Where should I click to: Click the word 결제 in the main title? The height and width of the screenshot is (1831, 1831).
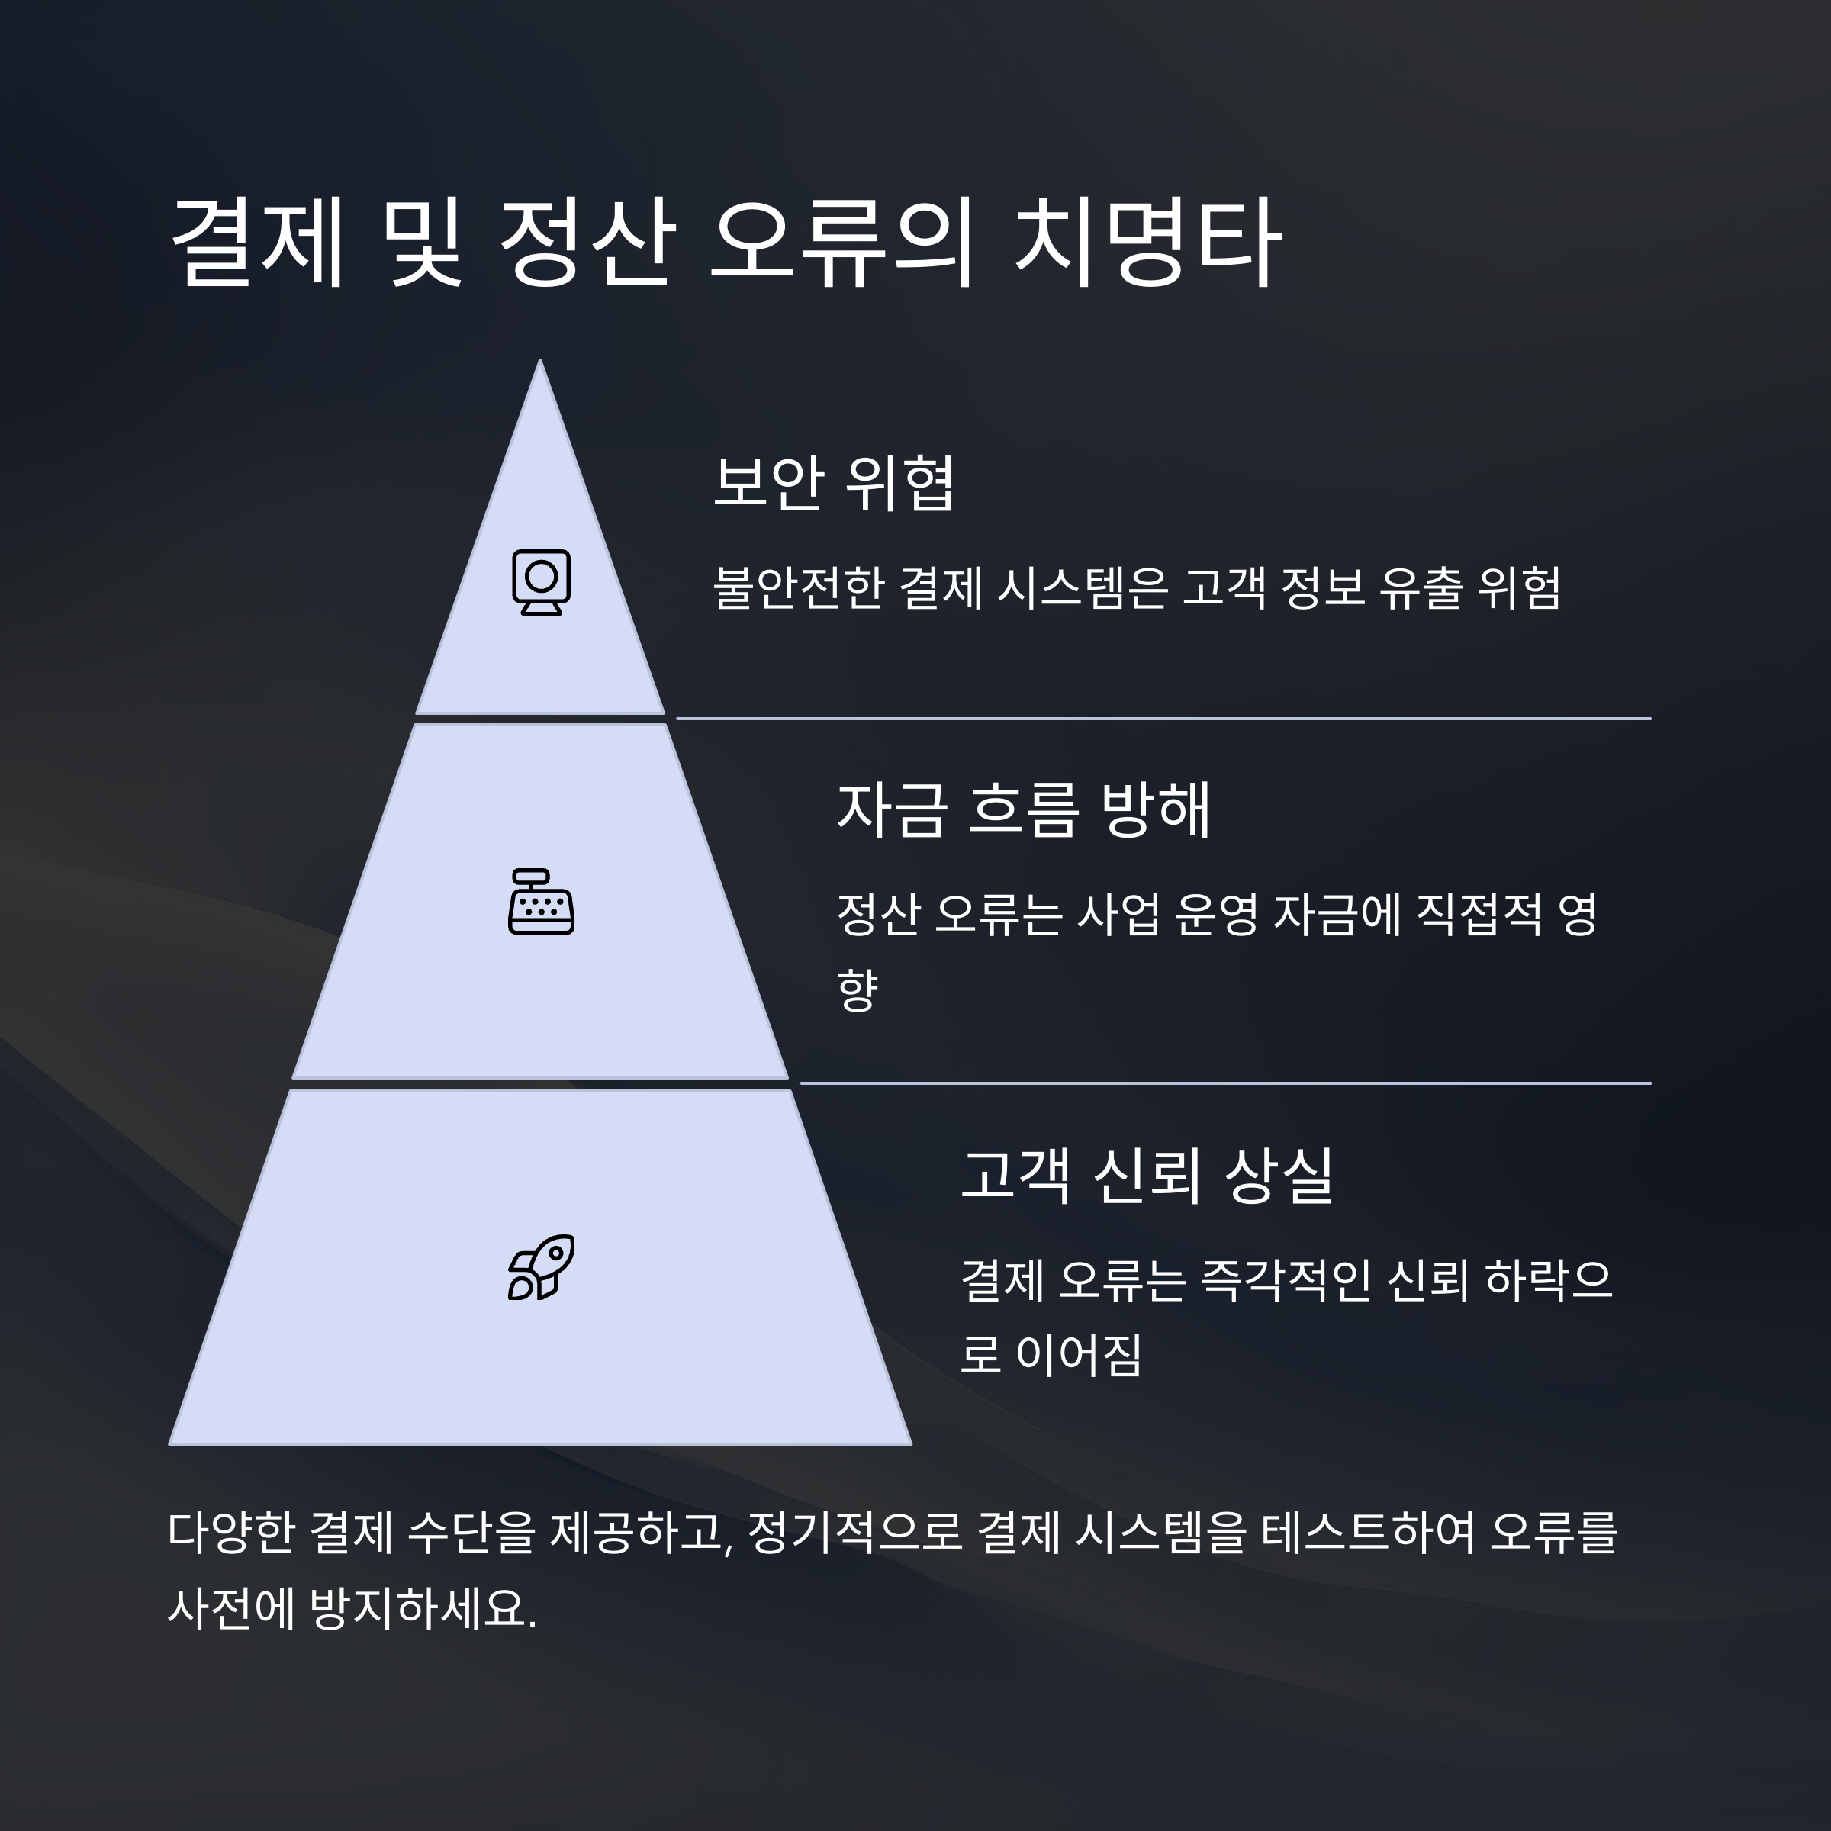[x=256, y=243]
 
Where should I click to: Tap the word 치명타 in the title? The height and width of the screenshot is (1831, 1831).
[x=1147, y=243]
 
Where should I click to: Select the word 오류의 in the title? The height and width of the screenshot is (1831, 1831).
[x=841, y=243]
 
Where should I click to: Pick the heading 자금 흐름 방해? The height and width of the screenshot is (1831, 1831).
[x=1024, y=810]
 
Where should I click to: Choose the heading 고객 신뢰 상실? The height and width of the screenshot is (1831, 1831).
[x=1147, y=1175]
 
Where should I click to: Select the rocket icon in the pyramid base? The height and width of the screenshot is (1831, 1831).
[x=541, y=1267]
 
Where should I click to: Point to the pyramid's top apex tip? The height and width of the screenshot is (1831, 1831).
[x=540, y=363]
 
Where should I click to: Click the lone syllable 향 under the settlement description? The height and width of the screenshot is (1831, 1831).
[x=858, y=990]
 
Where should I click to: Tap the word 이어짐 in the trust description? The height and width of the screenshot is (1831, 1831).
[x=1079, y=1354]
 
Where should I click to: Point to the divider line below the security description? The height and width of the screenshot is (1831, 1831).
[x=1163, y=719]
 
